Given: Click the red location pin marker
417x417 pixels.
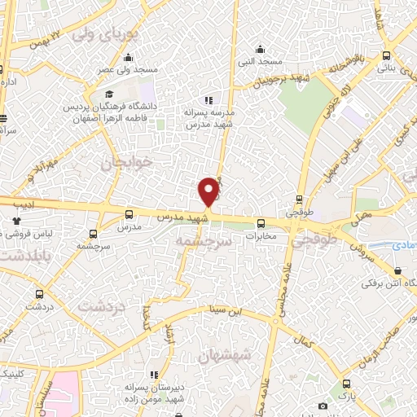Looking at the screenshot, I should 209,191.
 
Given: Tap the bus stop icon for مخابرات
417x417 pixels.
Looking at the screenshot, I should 261,222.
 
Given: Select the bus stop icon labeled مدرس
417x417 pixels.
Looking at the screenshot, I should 129,215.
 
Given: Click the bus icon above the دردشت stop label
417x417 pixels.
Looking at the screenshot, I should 38,295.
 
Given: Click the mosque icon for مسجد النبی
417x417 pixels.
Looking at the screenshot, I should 260,48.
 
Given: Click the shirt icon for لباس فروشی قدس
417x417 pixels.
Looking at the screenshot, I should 16,220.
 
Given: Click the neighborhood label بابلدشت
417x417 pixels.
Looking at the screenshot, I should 20,256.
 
